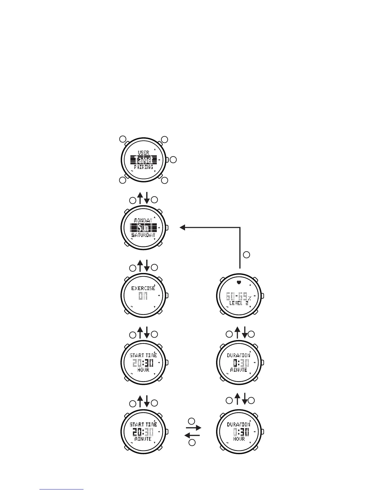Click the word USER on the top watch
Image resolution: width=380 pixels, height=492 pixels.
pyautogui.click(x=143, y=153)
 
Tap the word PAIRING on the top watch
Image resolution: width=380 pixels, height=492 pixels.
pyautogui.click(x=143, y=167)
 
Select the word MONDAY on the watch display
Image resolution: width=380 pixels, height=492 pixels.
pyautogui.click(x=143, y=221)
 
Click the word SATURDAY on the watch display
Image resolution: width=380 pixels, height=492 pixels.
pyautogui.click(x=143, y=235)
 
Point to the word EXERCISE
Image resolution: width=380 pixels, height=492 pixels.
pyautogui.click(x=143, y=288)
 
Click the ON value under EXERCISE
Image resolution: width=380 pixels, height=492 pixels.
pyautogui.click(x=143, y=296)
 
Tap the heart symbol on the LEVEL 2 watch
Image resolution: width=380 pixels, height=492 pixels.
pyautogui.click(x=239, y=283)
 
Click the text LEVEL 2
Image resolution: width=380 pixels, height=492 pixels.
pyautogui.click(x=239, y=303)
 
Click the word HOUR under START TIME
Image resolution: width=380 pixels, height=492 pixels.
pyautogui.click(x=143, y=370)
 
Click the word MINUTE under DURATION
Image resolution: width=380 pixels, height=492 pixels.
pyautogui.click(x=239, y=370)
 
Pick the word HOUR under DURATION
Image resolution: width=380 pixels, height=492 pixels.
pyautogui.click(x=239, y=439)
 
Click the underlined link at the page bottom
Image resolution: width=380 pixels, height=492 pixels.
pyautogui.click(x=61, y=489)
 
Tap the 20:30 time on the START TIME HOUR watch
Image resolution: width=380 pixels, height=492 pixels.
pyautogui.click(x=143, y=363)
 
